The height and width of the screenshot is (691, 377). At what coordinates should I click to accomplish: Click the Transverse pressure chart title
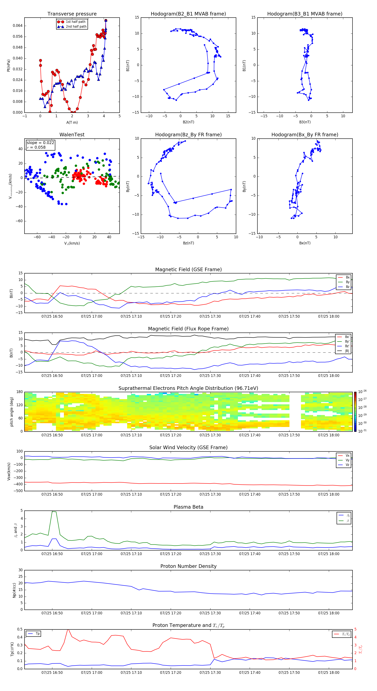72,14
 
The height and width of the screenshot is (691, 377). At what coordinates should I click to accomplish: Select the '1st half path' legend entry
75,22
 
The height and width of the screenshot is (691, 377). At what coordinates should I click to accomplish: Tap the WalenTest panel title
72,135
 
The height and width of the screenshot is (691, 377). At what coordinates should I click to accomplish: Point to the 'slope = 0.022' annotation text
40,143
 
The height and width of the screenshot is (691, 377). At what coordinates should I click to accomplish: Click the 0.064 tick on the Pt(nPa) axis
18,26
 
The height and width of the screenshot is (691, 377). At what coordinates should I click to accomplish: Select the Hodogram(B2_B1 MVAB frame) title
188,14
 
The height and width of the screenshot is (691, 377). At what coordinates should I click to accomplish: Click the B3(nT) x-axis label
305,122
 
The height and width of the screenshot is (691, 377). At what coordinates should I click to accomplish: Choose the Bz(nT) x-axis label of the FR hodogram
188,243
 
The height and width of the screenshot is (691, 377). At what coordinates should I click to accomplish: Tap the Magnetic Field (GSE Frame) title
188,269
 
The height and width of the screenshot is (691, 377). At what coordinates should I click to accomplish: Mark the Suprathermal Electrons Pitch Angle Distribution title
188,388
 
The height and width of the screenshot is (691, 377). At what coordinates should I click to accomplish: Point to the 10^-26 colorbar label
362,392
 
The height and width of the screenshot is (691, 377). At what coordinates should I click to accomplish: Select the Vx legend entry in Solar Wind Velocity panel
347,455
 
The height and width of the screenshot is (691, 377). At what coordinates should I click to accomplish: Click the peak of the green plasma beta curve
53,512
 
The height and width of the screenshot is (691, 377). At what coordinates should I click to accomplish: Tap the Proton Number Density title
188,566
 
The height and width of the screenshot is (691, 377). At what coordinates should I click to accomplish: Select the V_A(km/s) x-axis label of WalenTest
72,243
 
